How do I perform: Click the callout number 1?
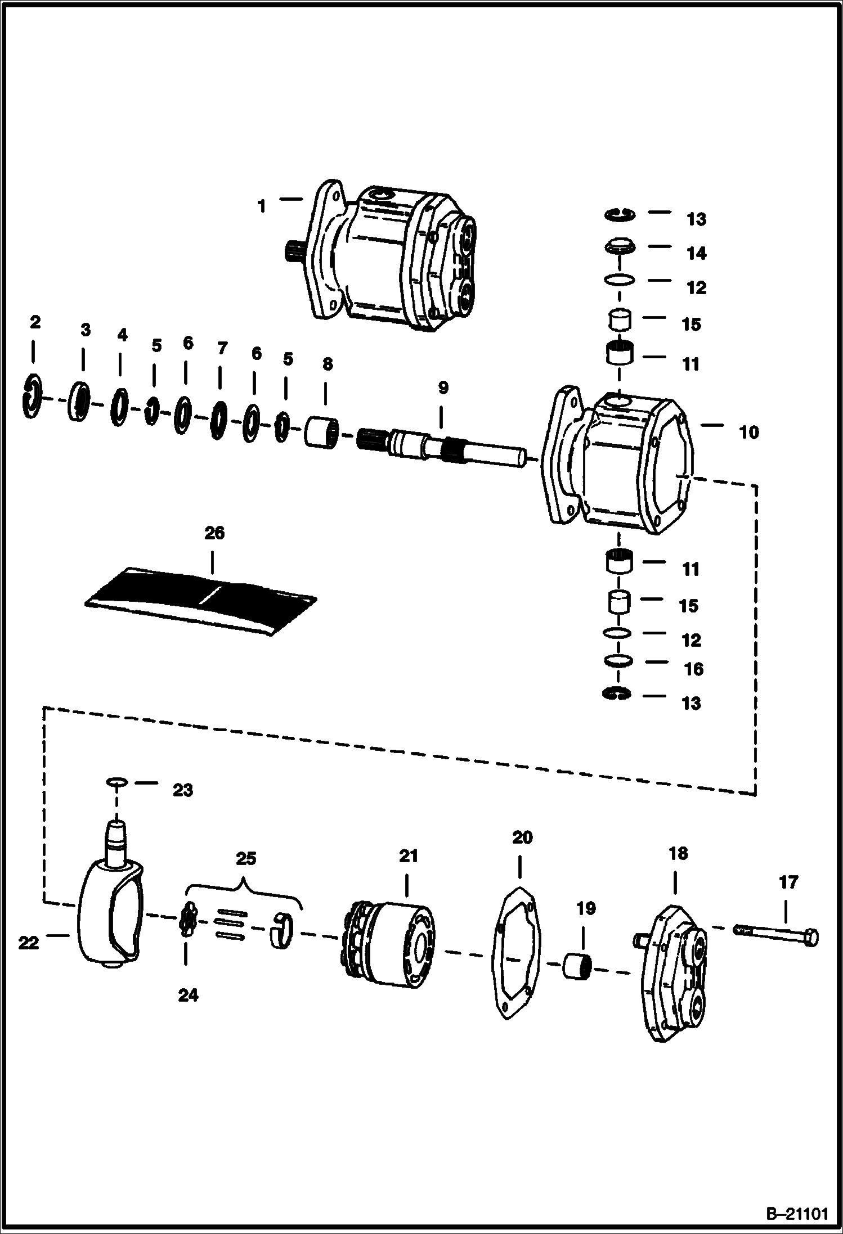click(262, 206)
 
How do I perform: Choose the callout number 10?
click(748, 433)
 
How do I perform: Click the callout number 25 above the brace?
click(246, 858)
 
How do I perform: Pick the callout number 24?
click(188, 996)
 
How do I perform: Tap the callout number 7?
click(222, 348)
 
